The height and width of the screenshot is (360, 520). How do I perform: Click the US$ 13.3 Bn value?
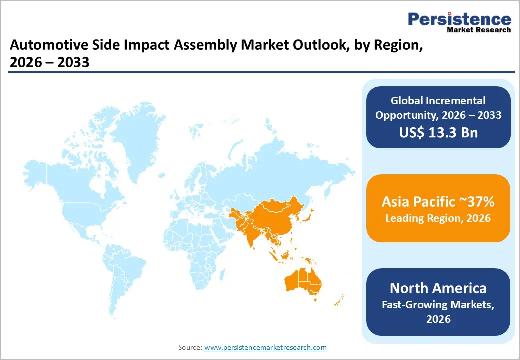point(438,132)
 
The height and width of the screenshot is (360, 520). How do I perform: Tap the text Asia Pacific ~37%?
point(438,201)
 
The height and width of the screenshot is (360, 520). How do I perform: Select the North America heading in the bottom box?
point(438,288)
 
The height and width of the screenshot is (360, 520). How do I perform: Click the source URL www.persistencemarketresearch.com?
point(265,347)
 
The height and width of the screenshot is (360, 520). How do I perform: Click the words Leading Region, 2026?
point(438,218)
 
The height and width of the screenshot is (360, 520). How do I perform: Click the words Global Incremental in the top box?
point(438,101)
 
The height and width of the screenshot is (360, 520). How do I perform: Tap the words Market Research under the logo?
point(479,30)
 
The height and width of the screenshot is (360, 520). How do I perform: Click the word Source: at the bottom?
point(190,347)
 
